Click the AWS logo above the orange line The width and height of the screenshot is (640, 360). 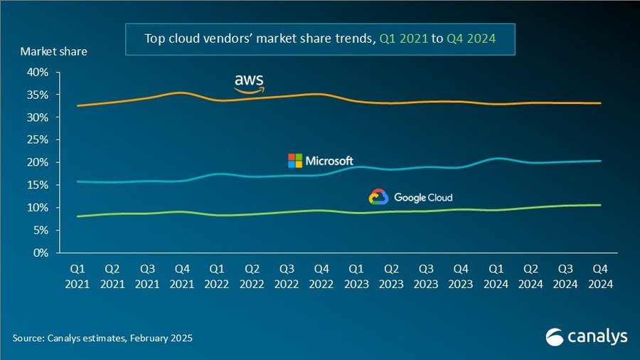click(250, 83)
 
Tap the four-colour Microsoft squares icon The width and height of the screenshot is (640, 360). click(294, 161)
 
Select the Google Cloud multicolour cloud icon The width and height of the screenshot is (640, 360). click(378, 197)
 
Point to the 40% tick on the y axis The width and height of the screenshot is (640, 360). click(38, 72)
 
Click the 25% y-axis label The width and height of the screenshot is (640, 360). click(38, 139)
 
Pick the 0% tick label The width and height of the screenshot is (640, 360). click(41, 253)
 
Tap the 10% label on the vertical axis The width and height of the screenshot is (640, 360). click(38, 208)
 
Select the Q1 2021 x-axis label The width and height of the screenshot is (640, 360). click(78, 276)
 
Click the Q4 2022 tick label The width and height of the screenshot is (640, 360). click(322, 276)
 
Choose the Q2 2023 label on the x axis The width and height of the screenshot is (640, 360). click(392, 276)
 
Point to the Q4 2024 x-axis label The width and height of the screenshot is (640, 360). click(601, 276)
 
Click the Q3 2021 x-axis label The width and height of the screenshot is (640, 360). click(148, 276)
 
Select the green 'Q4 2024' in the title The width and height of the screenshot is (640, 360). click(471, 38)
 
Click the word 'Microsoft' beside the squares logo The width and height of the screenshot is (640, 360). click(329, 161)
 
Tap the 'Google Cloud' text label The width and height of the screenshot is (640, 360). click(422, 198)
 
